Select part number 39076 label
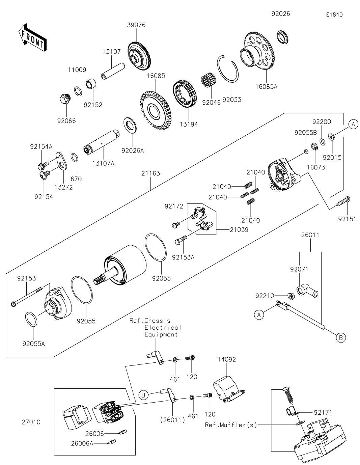pos(136,25)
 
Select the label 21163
pos(150,173)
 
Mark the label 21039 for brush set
pos(239,229)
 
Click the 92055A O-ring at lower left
pos(31,319)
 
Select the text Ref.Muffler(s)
pos(231,425)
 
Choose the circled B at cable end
pos(340,337)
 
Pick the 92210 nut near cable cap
pos(290,296)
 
